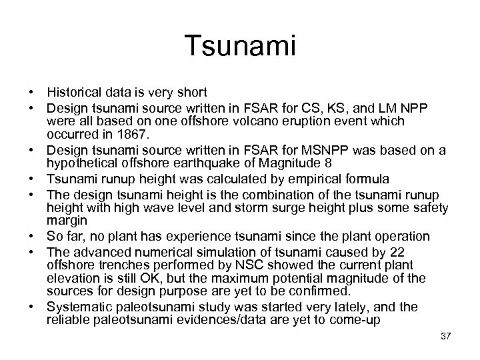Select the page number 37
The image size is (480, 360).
click(x=445, y=335)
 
